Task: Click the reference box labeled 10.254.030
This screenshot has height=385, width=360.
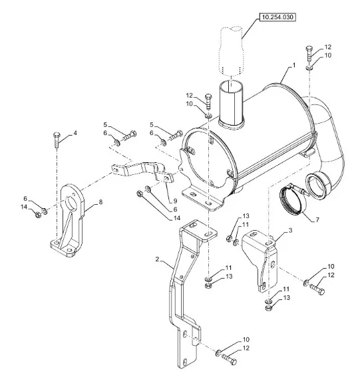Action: click(x=277, y=17)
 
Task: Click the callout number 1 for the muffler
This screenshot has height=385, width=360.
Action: click(x=293, y=65)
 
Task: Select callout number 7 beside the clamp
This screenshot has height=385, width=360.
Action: click(x=317, y=219)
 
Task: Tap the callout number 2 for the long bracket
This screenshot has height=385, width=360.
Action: click(x=158, y=259)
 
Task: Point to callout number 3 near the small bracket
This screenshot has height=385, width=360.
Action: click(x=290, y=230)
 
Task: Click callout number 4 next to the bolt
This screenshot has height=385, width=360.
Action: click(x=75, y=133)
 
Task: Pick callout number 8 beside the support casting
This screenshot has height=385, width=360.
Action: click(x=100, y=202)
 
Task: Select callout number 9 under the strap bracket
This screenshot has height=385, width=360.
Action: click(x=175, y=201)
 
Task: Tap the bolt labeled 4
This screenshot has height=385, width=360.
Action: click(x=57, y=140)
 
